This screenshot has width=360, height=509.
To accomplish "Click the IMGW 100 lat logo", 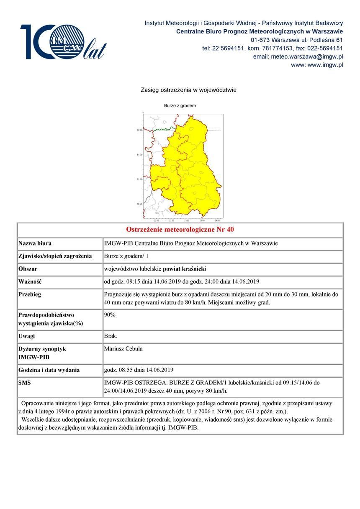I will pos(63,42).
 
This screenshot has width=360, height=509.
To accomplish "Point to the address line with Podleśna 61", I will pos(297,40).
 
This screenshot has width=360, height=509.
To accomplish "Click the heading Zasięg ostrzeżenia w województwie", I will pos(188,90).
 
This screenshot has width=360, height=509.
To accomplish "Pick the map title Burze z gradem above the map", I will pos(180,106).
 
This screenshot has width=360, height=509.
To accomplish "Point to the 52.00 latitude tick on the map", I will pos(139,130).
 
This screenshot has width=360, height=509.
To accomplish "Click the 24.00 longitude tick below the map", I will pos(217,220).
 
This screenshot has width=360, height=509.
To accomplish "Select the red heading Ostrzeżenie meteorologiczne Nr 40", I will pos(180,230).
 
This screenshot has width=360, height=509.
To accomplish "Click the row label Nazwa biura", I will pos(35,243).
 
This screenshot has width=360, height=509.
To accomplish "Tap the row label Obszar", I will pos(28,269).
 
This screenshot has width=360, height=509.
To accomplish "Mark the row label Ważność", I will pos(30,281).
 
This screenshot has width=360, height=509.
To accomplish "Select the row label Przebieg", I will pos(30,294).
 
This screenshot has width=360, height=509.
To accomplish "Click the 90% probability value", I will pos(110,315).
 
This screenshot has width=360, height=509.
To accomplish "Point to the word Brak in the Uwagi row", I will pos(111,336).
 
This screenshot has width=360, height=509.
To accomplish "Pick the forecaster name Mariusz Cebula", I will pos(123,349).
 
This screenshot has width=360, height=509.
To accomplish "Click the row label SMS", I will pos(25,383).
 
